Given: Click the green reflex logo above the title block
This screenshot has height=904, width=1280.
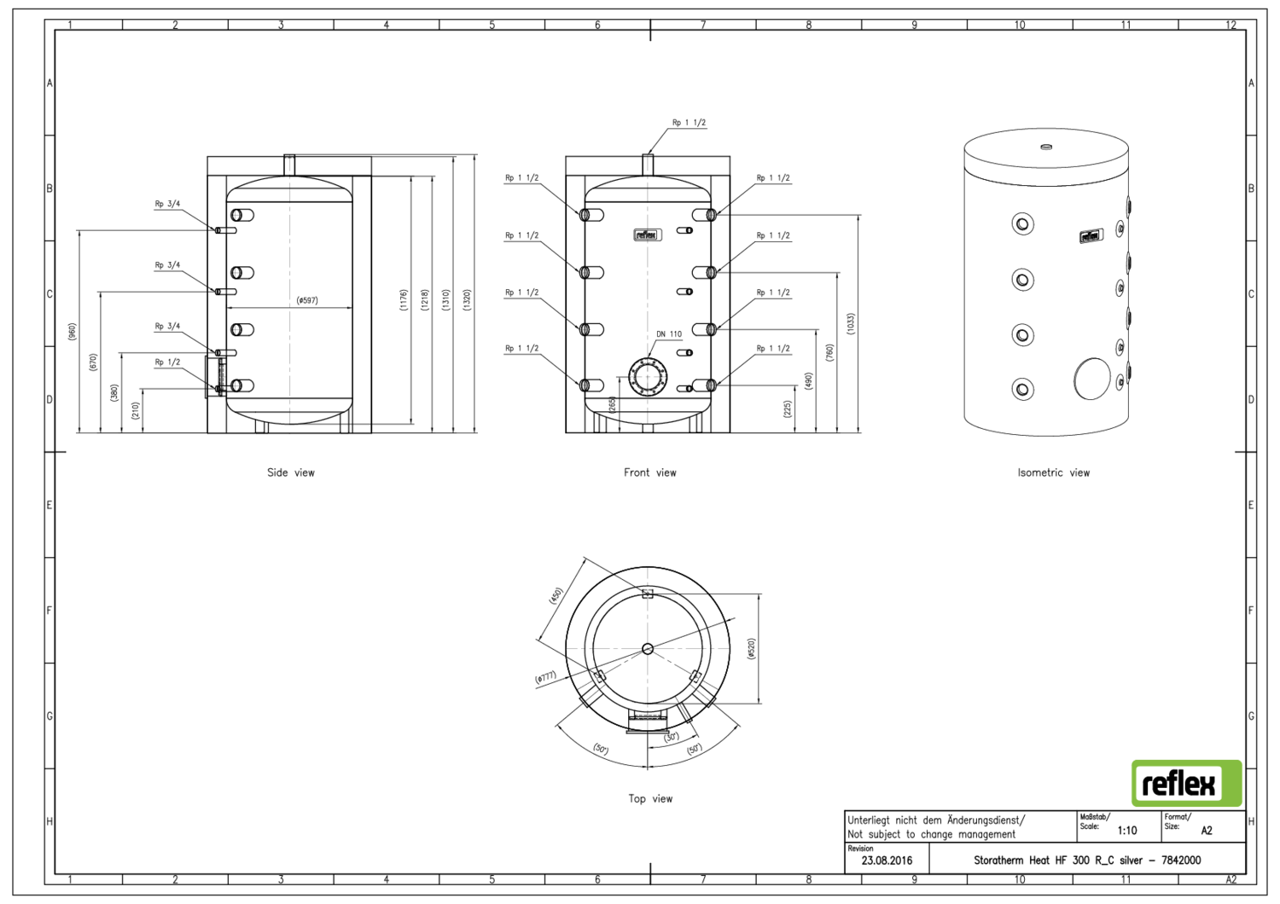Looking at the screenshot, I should pos(1186,783).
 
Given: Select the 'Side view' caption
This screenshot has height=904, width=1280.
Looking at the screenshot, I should pos(290,472).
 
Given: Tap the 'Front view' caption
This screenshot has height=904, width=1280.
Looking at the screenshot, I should pos(649,472).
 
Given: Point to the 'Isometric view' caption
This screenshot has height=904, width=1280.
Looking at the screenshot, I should pos(1053,472).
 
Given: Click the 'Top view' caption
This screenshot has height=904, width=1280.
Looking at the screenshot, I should pos(650,799).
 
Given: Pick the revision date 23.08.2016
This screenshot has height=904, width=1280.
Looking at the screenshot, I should pos(887,861).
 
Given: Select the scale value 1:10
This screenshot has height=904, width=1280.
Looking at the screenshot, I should pos(1126,831).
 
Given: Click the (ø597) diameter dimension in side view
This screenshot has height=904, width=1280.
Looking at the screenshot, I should pos(307,300).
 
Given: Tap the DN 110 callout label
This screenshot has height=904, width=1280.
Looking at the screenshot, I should pos(669,334).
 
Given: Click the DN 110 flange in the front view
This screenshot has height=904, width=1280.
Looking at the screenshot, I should pos(648,376).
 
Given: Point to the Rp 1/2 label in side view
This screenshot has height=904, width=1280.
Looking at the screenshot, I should pos(167,362).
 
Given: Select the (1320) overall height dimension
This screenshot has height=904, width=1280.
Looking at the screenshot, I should pos(467,299).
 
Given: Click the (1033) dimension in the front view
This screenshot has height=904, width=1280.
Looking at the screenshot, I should pos(851,324).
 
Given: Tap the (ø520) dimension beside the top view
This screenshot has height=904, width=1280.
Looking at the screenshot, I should pos(751,648).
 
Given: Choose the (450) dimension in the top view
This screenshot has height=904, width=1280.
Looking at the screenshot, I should pos(556,595).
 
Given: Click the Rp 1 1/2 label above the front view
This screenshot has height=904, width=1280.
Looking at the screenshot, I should pos(689,123).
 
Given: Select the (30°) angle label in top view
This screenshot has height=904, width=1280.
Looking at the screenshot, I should pos(672,737).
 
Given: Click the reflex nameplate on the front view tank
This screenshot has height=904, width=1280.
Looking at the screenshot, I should pos(647,235).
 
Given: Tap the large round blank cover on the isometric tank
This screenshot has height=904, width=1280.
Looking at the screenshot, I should pos(1091,379).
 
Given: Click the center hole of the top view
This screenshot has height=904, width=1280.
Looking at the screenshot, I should pos(648,649).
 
